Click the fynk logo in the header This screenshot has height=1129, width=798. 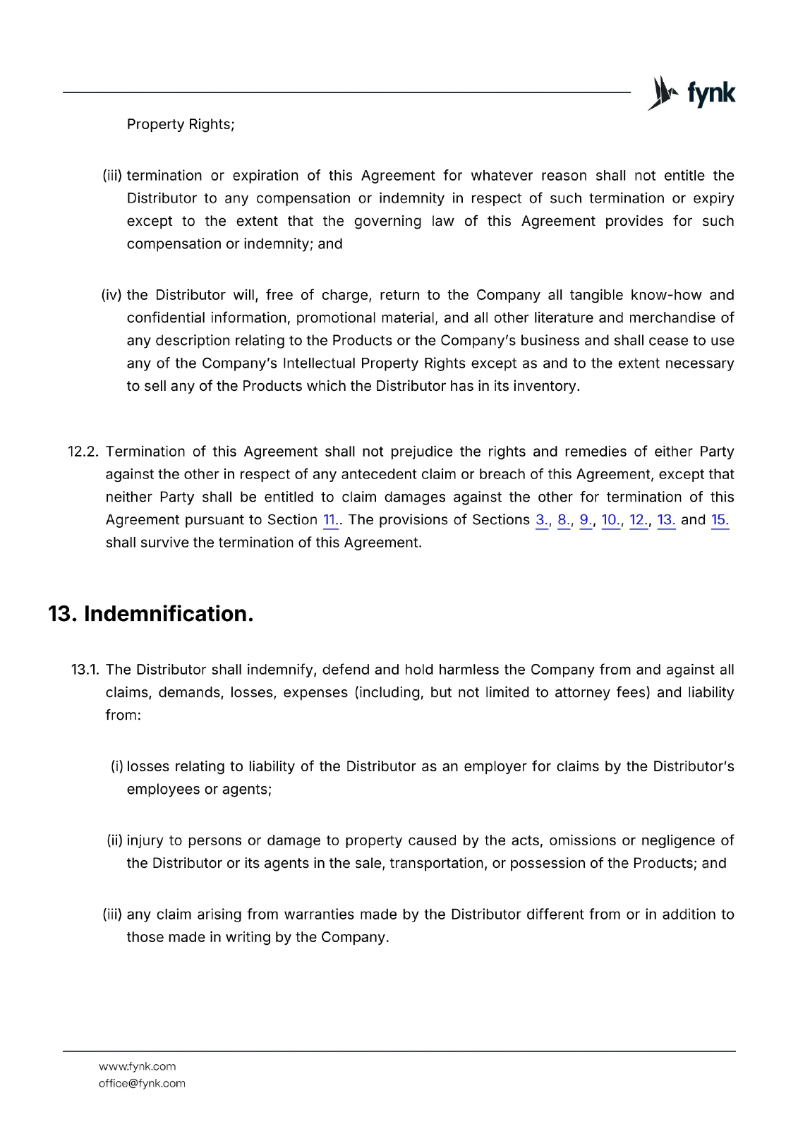pos(691,93)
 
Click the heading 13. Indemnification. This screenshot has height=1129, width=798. pos(150,614)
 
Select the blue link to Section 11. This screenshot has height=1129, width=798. pos(330,520)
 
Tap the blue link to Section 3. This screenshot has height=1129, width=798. pos(542,520)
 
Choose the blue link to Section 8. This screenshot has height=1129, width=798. pos(564,520)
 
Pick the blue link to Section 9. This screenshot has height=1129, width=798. pos(586,520)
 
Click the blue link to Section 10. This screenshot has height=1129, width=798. pos(611,520)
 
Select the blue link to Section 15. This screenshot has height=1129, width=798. pos(720,520)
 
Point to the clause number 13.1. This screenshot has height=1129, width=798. pos(85,670)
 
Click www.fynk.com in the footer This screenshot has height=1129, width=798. pos(137,1066)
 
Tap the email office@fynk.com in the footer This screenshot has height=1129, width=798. pos(142,1083)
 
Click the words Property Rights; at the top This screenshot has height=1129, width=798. pos(181,124)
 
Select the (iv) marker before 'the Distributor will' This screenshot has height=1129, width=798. pos(111,295)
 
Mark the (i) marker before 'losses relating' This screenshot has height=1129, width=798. pos(116,766)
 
